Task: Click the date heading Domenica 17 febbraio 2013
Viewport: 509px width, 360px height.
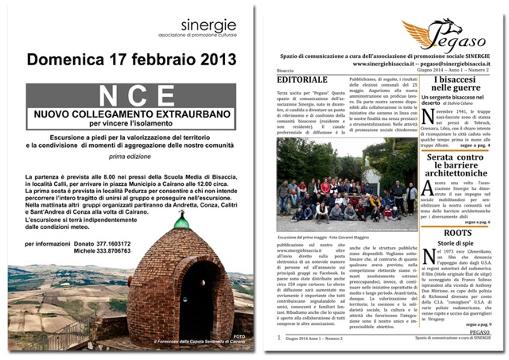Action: coord(131,60)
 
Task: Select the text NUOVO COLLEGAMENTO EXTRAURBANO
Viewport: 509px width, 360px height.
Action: coord(132,115)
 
